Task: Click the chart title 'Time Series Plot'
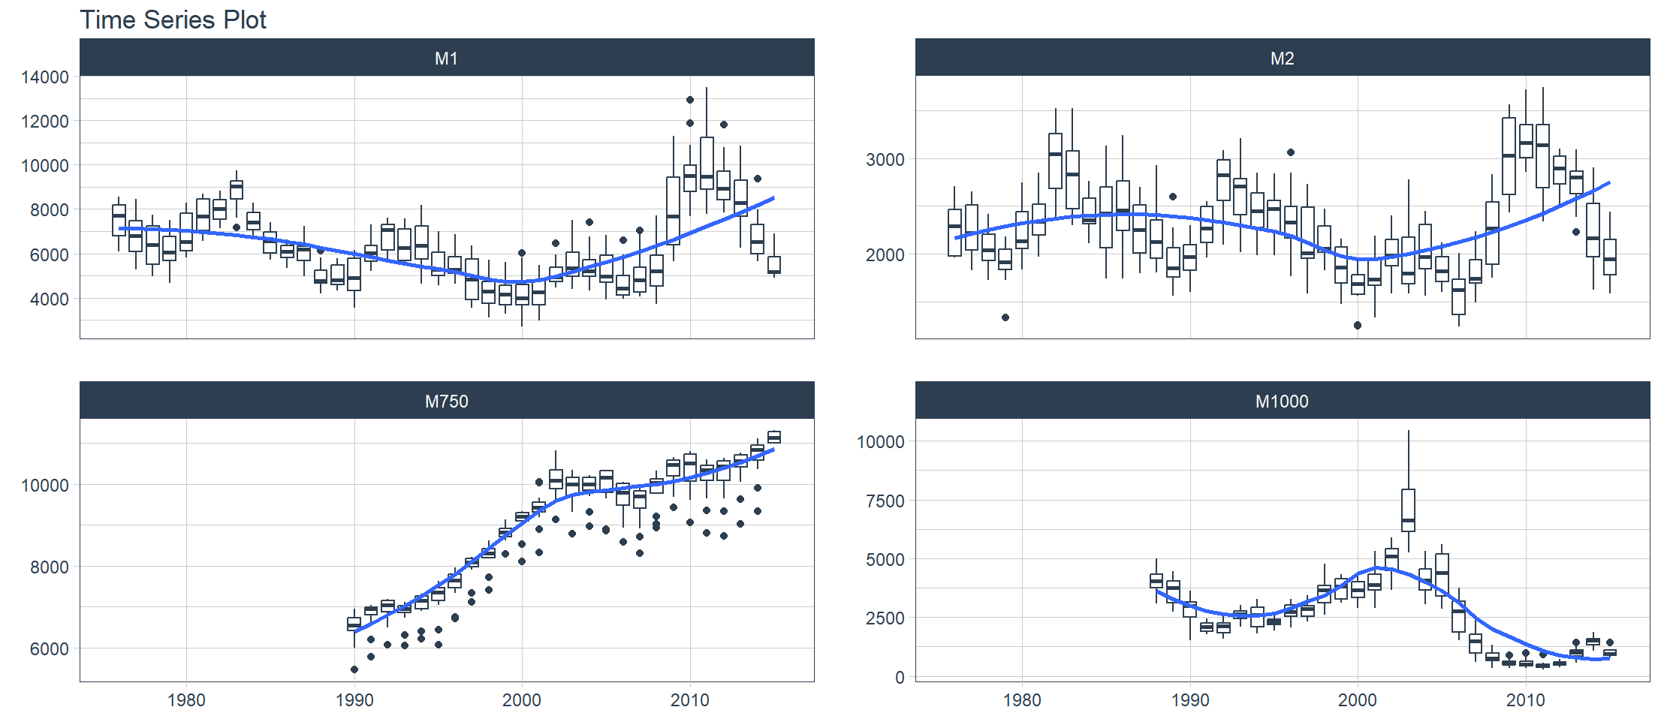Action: point(173,20)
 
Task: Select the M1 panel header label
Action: point(446,59)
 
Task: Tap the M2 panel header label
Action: point(1282,59)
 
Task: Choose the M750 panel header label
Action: point(446,402)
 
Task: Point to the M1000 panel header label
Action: point(1282,402)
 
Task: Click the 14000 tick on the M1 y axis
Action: point(45,77)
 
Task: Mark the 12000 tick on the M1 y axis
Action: point(45,122)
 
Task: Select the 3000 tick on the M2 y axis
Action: point(885,160)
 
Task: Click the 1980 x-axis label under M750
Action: point(186,700)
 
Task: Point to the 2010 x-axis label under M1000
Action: point(1525,700)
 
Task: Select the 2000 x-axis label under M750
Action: point(522,700)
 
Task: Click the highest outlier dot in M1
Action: point(690,100)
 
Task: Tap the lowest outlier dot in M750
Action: point(354,669)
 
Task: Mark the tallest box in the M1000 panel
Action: point(1408,510)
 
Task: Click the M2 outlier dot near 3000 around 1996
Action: point(1291,152)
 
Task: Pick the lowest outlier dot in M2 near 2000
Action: point(1358,326)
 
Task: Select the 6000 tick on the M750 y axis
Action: point(49,649)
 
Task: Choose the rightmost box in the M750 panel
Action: point(774,437)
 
